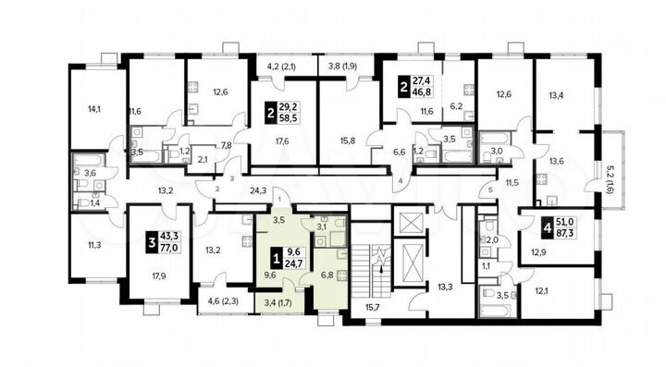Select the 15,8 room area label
347,141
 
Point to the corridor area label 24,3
258,191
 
